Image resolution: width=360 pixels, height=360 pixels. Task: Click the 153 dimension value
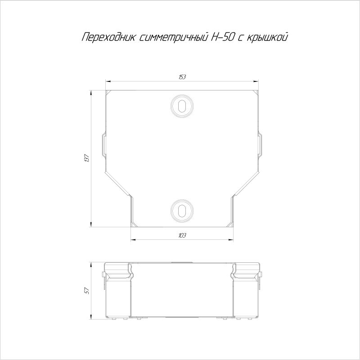point(182,77)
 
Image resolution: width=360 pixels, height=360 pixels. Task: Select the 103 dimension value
point(182,235)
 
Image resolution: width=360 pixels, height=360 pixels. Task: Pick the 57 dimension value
point(87,291)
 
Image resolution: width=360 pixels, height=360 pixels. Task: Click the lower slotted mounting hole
point(182,211)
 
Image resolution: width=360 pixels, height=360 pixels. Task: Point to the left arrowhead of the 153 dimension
point(108,81)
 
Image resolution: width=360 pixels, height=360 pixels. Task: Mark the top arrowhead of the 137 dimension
point(91,92)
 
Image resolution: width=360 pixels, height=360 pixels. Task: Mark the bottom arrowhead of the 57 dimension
point(91,318)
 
